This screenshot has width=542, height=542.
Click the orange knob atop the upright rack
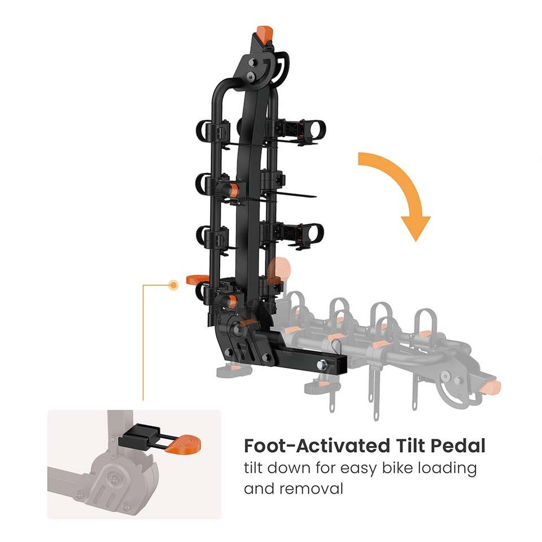pos(263,32)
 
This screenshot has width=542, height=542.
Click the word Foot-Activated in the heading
pos(314,446)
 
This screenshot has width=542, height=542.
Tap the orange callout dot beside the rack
pos(173,285)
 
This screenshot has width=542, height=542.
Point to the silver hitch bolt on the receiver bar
pos(323,365)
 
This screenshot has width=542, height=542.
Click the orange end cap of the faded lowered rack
pos(492,387)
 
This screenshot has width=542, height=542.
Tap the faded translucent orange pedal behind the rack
pos(278,270)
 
